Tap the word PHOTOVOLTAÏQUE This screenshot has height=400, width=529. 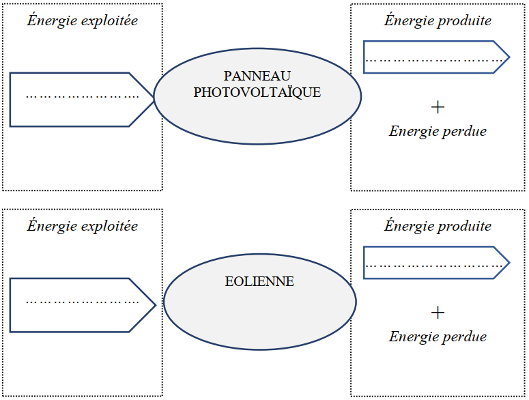pyautogui.click(x=257, y=92)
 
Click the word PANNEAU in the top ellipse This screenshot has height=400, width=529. pyautogui.click(x=257, y=76)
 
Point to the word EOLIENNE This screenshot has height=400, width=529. pyautogui.click(x=259, y=281)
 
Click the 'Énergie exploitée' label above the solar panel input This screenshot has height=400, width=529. pyautogui.click(x=83, y=20)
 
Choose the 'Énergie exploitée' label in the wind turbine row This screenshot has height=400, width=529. pyautogui.click(x=83, y=225)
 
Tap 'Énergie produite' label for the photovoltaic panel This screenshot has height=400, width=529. pyautogui.click(x=438, y=20)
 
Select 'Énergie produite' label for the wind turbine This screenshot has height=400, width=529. pyautogui.click(x=438, y=225)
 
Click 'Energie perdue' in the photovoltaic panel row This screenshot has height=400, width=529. pyautogui.click(x=438, y=131)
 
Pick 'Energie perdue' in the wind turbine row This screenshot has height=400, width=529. pyautogui.click(x=438, y=336)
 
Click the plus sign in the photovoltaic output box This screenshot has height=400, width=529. pyautogui.click(x=438, y=107)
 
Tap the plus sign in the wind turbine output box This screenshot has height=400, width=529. pyautogui.click(x=438, y=312)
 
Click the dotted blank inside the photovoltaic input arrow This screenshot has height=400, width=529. pyautogui.click(x=82, y=96)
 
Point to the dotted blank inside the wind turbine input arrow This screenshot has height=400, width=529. pyautogui.click(x=82, y=300)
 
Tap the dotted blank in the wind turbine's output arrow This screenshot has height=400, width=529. pyautogui.click(x=434, y=263)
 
